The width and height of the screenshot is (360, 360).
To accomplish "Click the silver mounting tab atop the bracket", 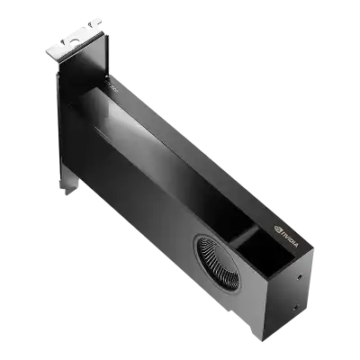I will tap(79, 43).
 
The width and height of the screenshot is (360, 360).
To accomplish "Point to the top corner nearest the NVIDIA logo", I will tap(306, 255).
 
